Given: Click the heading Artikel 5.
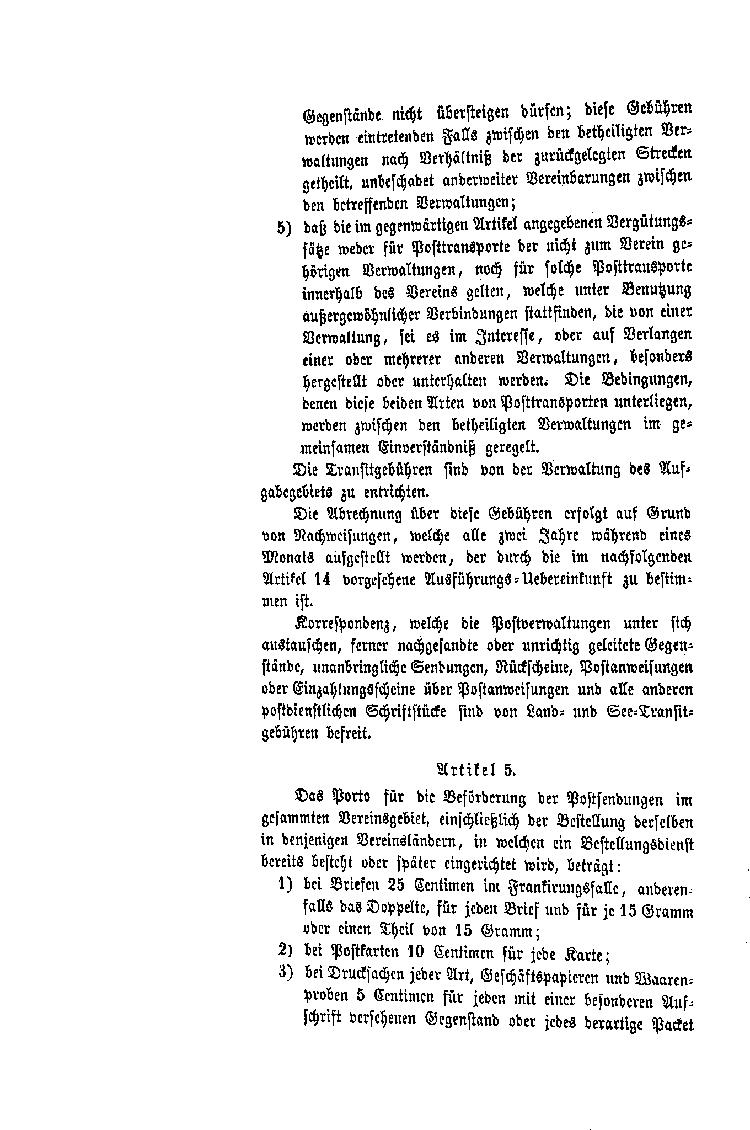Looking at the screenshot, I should tap(475, 770).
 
